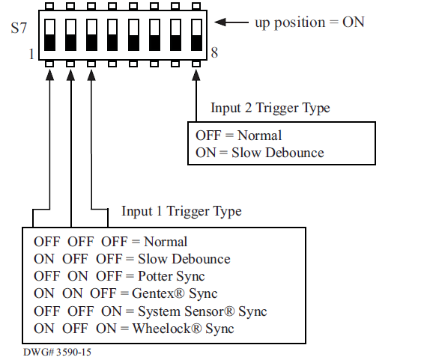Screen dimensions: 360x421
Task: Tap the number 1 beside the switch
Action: click(31, 55)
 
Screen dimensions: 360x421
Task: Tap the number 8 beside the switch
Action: click(214, 54)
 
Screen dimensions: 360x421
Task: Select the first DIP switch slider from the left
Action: click(49, 34)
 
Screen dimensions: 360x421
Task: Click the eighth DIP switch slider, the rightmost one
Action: click(196, 34)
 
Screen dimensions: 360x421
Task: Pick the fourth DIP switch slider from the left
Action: click(112, 34)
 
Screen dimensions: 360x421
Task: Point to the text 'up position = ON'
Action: click(309, 22)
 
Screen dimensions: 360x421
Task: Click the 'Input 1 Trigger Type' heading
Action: click(181, 211)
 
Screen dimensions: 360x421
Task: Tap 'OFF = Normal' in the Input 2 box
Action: click(238, 135)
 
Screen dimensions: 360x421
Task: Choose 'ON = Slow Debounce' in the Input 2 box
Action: click(259, 153)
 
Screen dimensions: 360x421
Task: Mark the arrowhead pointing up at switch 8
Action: click(196, 75)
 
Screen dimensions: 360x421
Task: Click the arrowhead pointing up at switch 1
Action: click(49, 75)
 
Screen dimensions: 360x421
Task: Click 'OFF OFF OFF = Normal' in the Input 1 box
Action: click(110, 242)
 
